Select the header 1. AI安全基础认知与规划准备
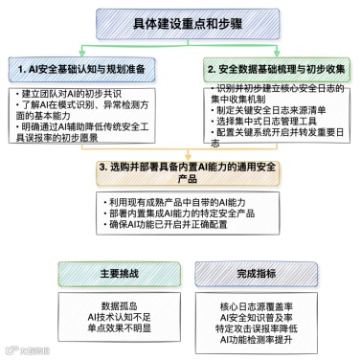pyautogui.click(x=87, y=70)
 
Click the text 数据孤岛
pyautogui.click(x=93, y=306)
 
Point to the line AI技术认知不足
pyautogui.click(x=93, y=317)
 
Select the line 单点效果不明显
pyautogui.click(x=93, y=327)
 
